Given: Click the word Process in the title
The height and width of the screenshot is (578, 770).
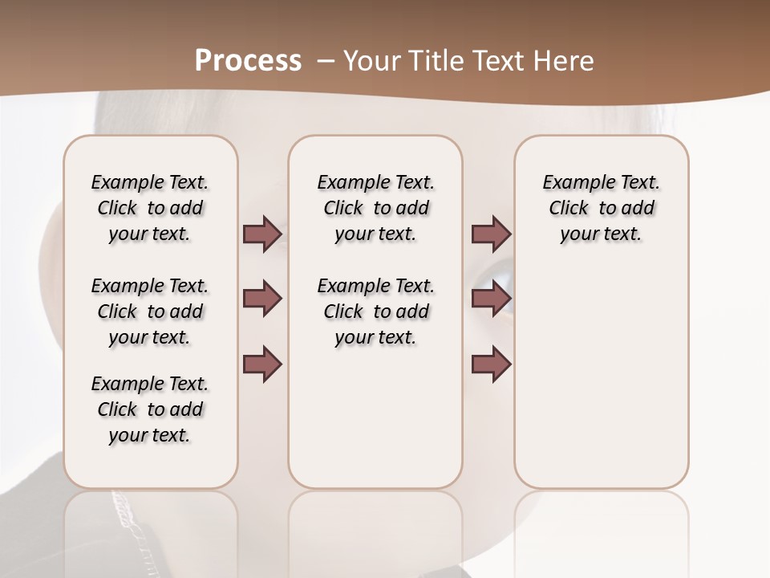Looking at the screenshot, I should coord(248,61).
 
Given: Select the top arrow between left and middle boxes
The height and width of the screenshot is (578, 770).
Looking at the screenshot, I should coord(262,234).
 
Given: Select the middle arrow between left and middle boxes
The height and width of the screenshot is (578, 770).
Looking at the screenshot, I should coord(262,299).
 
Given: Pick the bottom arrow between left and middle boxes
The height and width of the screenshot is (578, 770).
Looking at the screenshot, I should coord(262,364).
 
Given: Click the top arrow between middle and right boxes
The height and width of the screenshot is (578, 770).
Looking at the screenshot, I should coord(491,234).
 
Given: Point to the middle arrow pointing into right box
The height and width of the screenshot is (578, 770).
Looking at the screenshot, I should coord(491,299).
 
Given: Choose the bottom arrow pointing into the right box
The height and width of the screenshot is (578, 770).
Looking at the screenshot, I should coord(491,364).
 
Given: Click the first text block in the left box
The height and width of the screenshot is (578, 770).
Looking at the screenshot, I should coord(150,208).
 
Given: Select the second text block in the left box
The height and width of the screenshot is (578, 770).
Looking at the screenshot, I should coord(150,311).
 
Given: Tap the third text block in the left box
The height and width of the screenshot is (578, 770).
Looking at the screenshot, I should coord(150,409).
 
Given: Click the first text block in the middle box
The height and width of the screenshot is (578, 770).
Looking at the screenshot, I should coord(375,208).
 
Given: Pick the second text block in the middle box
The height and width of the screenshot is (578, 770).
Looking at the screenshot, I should coord(375,311).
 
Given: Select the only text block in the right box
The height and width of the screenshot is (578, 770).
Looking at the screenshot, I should coord(601,208).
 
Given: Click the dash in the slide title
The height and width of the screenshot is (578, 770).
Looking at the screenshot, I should coord(326,61).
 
